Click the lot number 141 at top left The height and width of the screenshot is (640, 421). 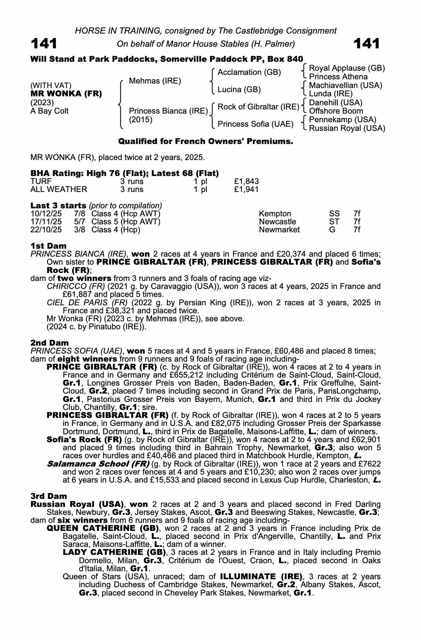[x=44, y=44]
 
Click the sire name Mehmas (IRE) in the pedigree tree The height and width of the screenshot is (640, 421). [x=155, y=81]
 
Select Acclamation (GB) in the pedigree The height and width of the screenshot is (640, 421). [x=249, y=72]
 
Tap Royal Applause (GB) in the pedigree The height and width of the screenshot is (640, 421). [x=347, y=68]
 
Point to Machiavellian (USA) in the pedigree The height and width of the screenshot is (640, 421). [x=345, y=85]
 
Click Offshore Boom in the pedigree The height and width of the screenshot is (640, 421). [x=336, y=111]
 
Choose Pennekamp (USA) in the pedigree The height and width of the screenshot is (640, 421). [x=343, y=120]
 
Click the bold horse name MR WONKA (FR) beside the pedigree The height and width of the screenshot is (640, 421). [x=66, y=94]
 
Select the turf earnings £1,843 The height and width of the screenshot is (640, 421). [x=246, y=181]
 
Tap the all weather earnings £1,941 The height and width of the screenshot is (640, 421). [x=246, y=189]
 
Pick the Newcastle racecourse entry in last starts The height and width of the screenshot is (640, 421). [x=277, y=222]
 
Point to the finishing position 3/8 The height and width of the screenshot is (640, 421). [x=79, y=230]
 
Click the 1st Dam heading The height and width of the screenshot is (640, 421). [x=49, y=246]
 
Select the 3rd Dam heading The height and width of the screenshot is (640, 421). [x=49, y=496]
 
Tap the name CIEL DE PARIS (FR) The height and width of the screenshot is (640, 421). [x=87, y=303]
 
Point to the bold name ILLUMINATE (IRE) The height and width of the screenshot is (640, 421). [x=261, y=577]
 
